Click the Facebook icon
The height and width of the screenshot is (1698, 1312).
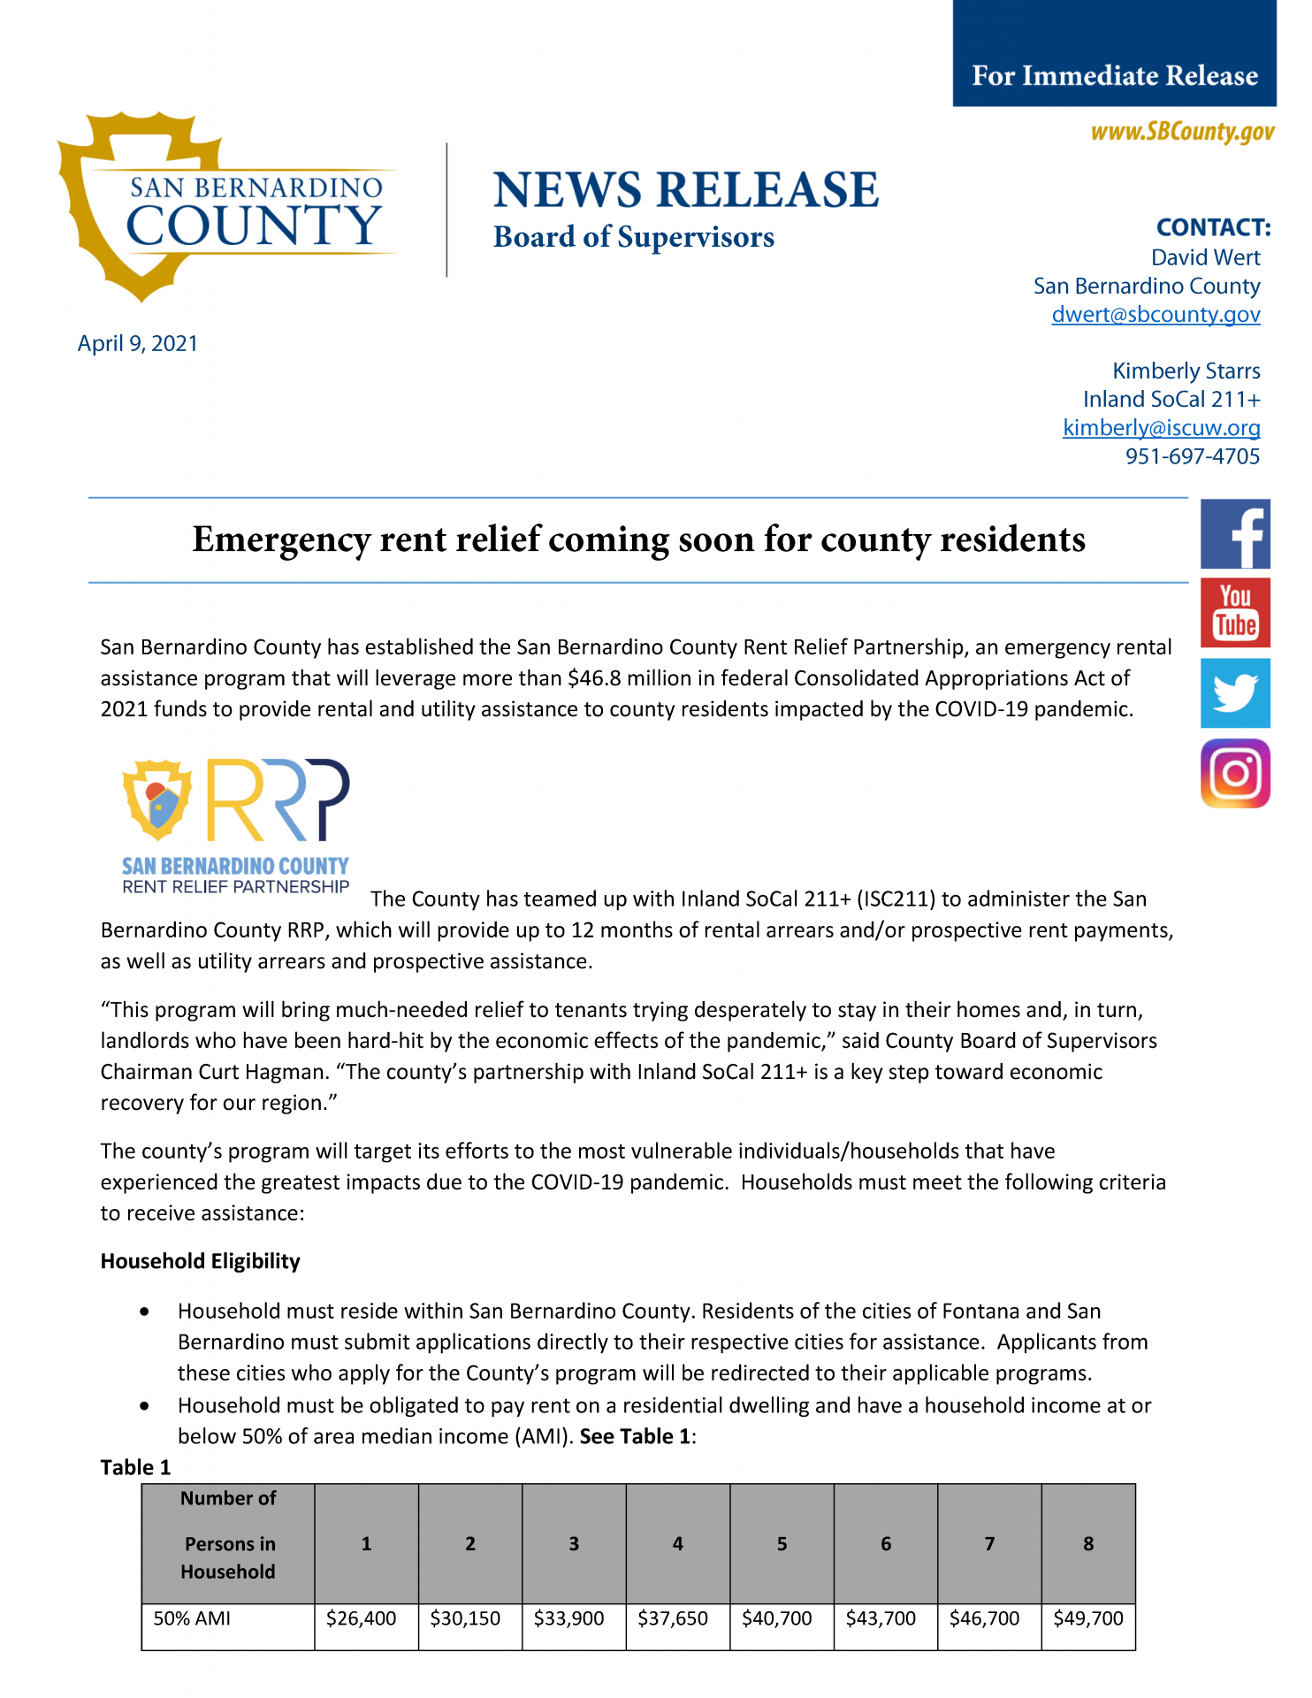click(1235, 534)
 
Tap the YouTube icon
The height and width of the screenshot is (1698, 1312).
click(1235, 613)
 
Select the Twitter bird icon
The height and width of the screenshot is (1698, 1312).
click(1235, 692)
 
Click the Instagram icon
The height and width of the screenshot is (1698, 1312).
click(1235, 773)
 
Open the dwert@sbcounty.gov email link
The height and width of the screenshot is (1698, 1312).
click(1156, 315)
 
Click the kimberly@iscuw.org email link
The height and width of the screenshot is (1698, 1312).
click(1161, 428)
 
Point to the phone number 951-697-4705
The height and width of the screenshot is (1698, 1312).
click(1192, 456)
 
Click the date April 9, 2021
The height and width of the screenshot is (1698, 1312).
click(138, 343)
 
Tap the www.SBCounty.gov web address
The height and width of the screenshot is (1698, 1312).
click(1182, 132)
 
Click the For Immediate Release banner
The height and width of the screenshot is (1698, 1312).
click(1114, 75)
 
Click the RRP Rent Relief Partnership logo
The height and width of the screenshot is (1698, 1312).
click(236, 826)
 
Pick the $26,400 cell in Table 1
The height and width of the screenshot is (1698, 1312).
click(362, 1618)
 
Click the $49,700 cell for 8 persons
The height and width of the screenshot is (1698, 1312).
click(1088, 1618)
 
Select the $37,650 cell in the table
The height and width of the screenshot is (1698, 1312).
click(673, 1618)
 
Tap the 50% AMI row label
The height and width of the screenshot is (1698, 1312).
click(193, 1618)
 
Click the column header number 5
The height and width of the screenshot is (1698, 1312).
click(782, 1544)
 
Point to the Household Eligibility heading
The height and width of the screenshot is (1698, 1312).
click(201, 1261)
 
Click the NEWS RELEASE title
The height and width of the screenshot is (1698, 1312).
click(685, 190)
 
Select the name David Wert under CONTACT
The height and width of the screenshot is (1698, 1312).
click(1205, 257)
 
